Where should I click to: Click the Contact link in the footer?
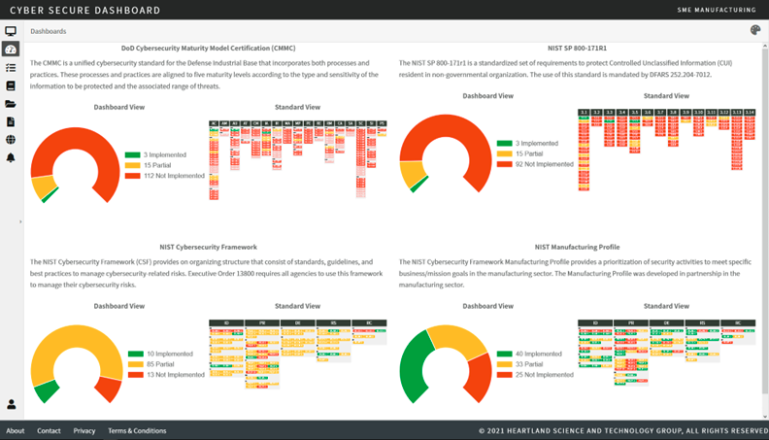click(49, 430)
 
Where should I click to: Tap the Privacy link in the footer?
click(84, 430)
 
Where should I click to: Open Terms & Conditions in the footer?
click(137, 430)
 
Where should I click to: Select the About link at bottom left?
click(16, 430)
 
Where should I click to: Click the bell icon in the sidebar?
click(11, 157)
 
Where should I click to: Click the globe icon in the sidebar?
click(11, 140)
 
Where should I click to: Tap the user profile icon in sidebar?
click(12, 404)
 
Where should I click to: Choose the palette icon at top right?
click(755, 31)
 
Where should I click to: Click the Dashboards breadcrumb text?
click(49, 31)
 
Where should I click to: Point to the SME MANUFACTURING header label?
click(717, 10)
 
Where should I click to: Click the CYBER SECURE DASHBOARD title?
click(84, 10)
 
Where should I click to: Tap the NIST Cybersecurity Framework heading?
click(208, 247)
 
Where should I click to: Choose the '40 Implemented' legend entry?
click(539, 354)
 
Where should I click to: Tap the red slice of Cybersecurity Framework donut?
click(109, 388)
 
